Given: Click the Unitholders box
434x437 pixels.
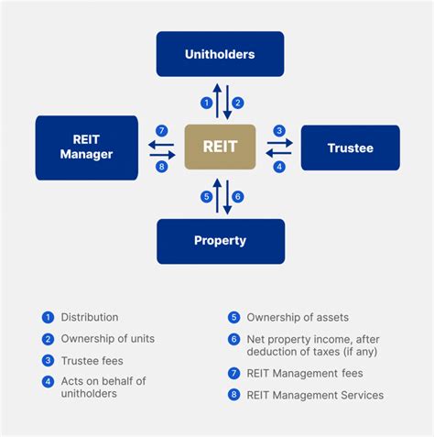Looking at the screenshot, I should pos(220,54).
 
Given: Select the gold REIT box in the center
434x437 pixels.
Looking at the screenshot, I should pos(220,147).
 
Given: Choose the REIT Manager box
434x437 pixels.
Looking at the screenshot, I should pos(86,147).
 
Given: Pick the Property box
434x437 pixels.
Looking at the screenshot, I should pos(220,241).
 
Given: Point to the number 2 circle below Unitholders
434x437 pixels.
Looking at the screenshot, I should pos(238,103).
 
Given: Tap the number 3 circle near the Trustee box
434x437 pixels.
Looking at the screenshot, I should pos(279,130).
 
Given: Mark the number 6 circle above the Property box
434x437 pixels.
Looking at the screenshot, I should pos(238,196).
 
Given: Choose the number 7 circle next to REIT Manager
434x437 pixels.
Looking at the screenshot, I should pos(160,130).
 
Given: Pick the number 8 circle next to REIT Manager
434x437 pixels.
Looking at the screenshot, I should pos(160,166).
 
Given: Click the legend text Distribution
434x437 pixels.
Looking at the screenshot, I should pos(90,317).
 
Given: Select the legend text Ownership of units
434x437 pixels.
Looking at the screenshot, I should pos(107,338).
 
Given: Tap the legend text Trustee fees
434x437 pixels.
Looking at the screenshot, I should pos(92,360).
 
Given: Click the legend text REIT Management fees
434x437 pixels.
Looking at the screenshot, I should pos(305,373).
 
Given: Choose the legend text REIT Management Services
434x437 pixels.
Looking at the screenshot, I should pos(315,395).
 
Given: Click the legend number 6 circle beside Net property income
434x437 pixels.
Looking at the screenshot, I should pos(233,339).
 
